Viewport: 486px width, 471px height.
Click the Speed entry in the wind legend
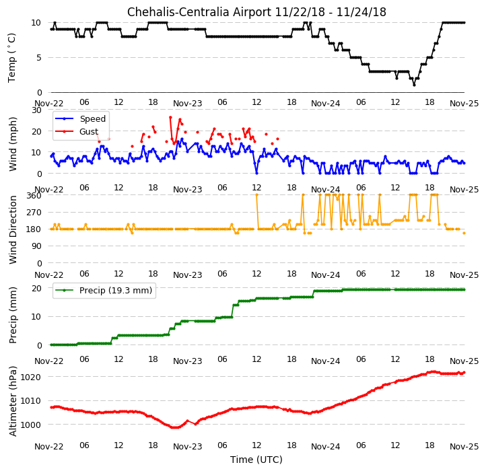[x=93, y=118]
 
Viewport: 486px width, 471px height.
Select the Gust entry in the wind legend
[x=89, y=132]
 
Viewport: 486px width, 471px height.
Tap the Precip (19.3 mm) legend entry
[x=116, y=291]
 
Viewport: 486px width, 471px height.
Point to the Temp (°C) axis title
[x=11, y=58]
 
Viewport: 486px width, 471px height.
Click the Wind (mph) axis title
[x=12, y=144]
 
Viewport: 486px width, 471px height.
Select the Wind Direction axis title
[x=13, y=229]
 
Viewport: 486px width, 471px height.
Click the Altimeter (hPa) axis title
[x=13, y=401]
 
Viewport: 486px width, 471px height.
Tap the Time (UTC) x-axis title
[x=256, y=459]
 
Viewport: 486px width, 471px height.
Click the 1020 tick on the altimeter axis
[x=30, y=377]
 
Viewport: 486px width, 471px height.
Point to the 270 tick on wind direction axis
[x=35, y=213]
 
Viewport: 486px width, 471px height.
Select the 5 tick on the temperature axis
[x=39, y=58]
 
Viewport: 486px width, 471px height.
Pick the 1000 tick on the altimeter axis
[x=30, y=425]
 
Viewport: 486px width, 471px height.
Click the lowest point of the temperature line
[x=414, y=85]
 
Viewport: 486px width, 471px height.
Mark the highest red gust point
[x=170, y=118]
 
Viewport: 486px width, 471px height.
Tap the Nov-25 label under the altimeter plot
[x=464, y=447]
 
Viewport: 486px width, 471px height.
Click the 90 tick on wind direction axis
[x=37, y=246]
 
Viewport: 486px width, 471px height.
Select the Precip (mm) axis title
[x=13, y=315]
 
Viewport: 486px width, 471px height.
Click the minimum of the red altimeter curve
[x=176, y=428]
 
